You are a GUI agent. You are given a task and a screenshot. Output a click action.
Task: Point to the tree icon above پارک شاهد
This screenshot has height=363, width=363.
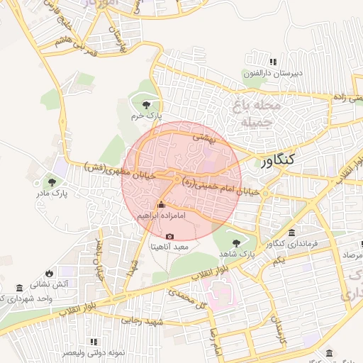(236, 243)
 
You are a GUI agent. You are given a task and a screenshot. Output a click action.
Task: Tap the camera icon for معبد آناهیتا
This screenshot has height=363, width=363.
(169, 237)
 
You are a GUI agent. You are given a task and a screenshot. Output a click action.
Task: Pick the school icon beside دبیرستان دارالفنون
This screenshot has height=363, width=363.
(274, 62)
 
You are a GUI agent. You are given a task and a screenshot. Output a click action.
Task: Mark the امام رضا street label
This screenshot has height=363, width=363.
(211, 340)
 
